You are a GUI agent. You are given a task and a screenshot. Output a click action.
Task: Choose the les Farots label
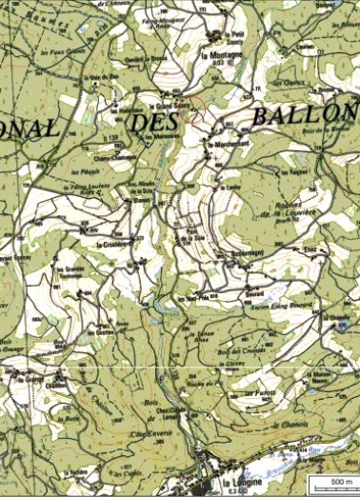pos(259,392)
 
